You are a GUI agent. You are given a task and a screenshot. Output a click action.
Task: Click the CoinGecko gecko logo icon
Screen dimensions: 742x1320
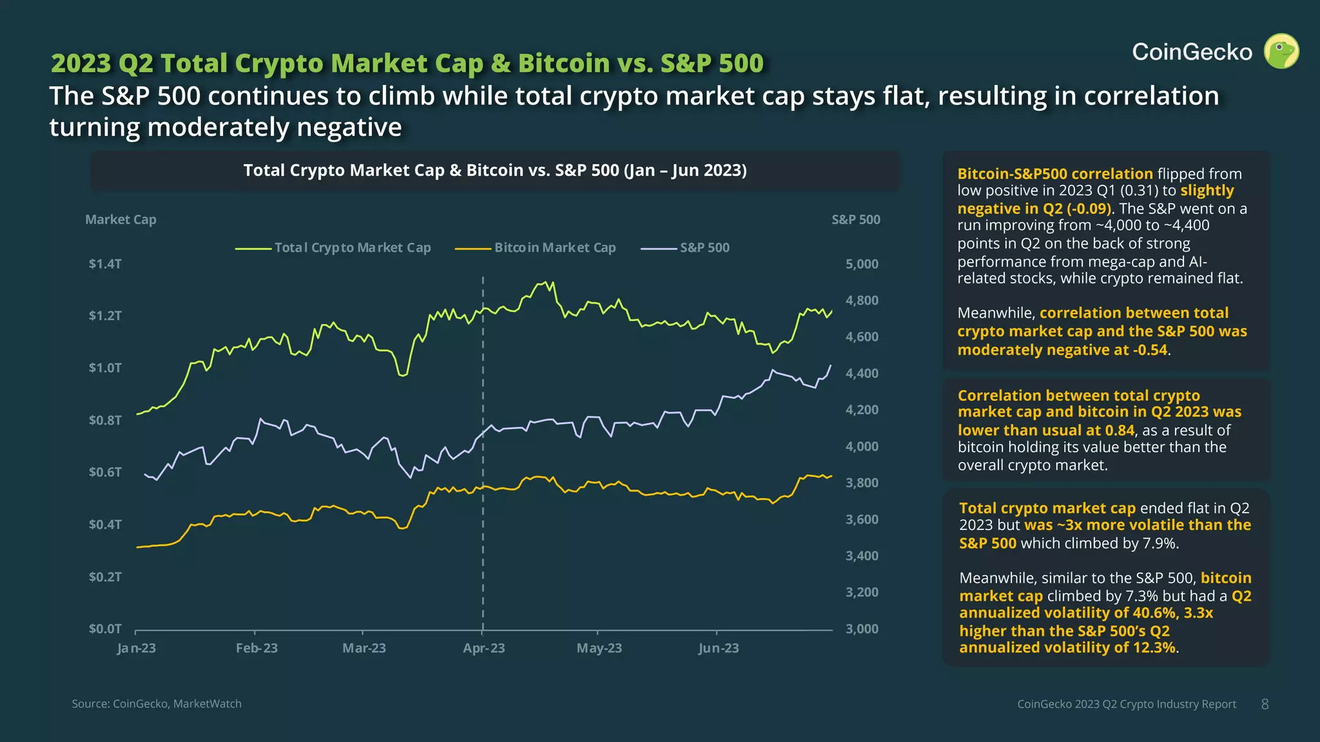[x=1281, y=52]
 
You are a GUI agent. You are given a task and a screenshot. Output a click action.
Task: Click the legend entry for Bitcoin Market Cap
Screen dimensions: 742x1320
[x=554, y=247]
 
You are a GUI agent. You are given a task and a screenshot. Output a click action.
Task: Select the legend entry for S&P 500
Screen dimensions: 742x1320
[x=704, y=247]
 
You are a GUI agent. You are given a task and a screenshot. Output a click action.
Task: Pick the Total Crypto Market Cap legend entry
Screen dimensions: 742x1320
[x=352, y=247]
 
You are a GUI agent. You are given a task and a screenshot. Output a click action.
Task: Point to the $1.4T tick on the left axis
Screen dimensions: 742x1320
[x=105, y=264]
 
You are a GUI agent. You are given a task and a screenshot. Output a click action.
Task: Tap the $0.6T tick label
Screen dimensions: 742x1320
[x=105, y=472]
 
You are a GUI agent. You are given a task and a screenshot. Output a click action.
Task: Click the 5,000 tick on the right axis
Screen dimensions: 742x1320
[x=862, y=264]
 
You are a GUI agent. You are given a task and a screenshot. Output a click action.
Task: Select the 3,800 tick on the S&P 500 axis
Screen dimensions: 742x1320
[x=862, y=483]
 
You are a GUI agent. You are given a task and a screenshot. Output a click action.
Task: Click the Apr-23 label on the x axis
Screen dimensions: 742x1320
[x=483, y=648]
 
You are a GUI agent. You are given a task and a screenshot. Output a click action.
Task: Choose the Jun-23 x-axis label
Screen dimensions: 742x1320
[x=718, y=648]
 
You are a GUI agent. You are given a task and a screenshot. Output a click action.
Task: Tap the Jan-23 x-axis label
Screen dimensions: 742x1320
[x=137, y=648]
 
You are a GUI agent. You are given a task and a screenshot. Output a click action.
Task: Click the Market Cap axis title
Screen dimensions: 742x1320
[x=121, y=220]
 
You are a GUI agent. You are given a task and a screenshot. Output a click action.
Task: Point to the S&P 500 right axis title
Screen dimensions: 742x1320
[x=855, y=220]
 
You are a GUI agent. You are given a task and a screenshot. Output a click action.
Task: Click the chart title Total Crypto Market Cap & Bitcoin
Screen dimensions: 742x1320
[x=495, y=171]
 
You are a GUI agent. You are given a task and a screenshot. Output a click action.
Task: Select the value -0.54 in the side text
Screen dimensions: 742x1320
[x=1149, y=350]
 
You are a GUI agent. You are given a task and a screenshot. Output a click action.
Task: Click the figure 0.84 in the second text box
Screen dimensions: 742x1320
[x=1120, y=430]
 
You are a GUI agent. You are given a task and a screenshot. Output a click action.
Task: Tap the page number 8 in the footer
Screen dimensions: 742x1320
[x=1265, y=704]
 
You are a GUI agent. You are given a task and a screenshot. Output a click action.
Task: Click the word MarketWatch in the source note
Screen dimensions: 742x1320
[x=207, y=704]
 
